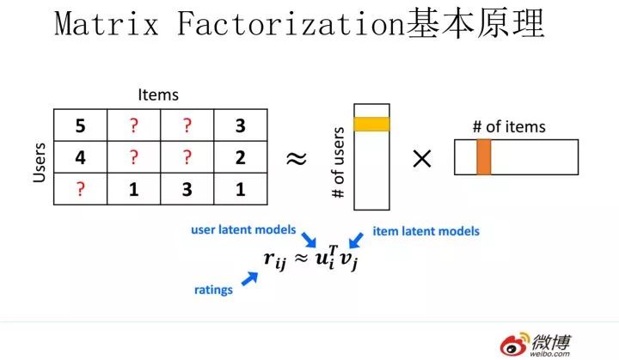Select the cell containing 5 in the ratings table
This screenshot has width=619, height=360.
coord(80,125)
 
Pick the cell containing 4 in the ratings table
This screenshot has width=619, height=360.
coord(80,157)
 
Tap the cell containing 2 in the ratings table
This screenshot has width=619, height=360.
coord(240,157)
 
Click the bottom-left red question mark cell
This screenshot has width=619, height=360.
coord(80,189)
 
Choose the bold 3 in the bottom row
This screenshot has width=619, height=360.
coord(187,189)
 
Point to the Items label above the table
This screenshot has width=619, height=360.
coord(158,95)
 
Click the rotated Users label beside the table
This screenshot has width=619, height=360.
coord(39,160)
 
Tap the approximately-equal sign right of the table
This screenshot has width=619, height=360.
coord(297,159)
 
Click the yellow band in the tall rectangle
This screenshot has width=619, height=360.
coord(371,124)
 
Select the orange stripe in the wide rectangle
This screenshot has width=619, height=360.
coord(483,157)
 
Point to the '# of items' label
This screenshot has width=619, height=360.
coord(509,127)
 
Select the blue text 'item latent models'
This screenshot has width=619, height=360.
coord(426,230)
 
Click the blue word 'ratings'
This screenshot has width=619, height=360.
coord(212,290)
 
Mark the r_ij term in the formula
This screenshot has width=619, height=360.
coord(274,257)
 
